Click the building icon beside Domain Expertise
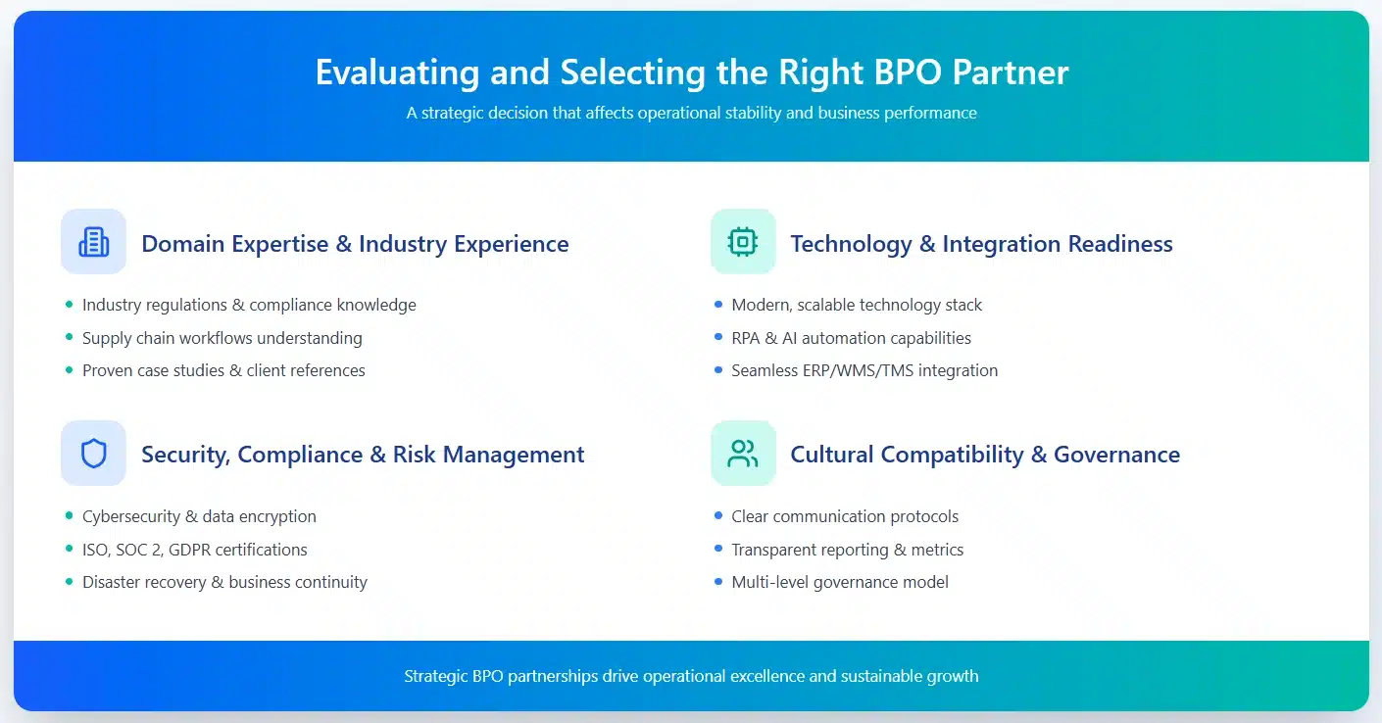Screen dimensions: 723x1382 tap(93, 242)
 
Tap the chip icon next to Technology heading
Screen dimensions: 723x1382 tap(743, 242)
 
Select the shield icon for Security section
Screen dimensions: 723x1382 tap(93, 454)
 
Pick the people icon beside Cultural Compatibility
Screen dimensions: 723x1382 tap(743, 454)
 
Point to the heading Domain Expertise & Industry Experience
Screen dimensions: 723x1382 tap(355, 244)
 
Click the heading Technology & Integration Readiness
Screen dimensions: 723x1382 tap(981, 244)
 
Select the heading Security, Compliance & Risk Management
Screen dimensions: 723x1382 tap(363, 455)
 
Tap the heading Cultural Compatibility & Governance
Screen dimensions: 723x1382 tap(985, 455)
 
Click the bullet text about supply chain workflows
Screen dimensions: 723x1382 tap(222, 338)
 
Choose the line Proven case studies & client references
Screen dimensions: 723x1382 tap(223, 370)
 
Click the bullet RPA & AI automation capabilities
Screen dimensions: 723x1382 tap(851, 338)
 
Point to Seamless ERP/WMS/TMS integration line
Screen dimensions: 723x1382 tap(864, 370)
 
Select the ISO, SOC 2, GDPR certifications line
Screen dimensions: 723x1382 tap(195, 550)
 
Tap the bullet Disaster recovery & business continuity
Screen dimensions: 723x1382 tap(224, 582)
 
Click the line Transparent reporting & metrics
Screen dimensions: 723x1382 tap(847, 550)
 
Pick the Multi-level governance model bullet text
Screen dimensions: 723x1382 tap(840, 582)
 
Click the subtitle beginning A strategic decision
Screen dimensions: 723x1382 tap(691, 113)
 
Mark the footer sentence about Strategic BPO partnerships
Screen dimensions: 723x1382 tap(691, 676)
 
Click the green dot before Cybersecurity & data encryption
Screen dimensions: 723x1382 tap(69, 516)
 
